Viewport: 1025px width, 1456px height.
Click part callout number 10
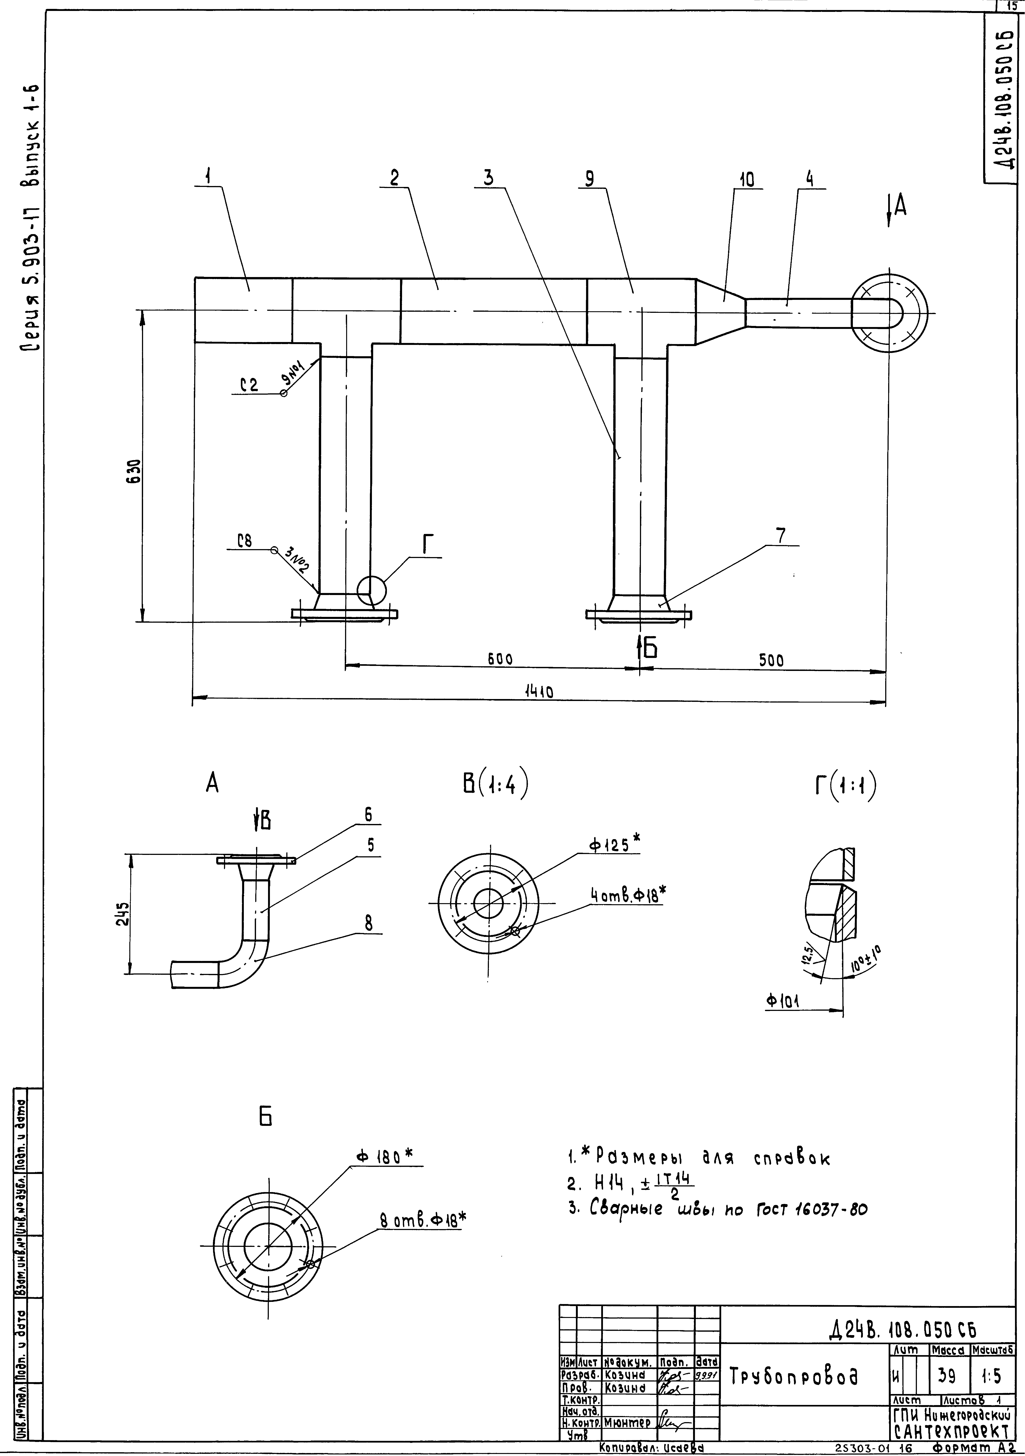(x=746, y=180)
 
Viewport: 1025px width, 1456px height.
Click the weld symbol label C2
(x=249, y=384)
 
